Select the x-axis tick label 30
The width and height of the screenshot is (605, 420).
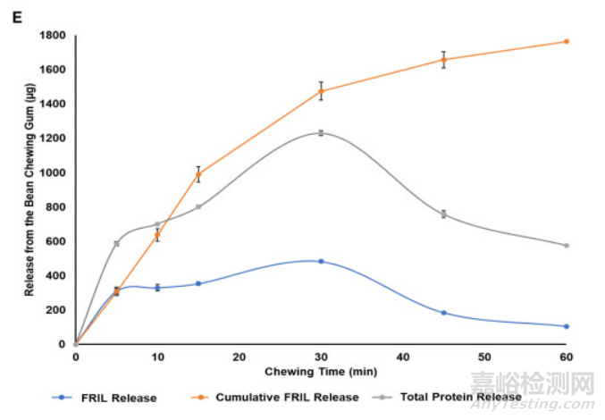[x=321, y=357]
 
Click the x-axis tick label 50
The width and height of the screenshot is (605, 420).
[x=484, y=357]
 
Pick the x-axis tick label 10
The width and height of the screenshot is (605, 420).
[x=157, y=357]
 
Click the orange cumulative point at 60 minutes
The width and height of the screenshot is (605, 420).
[x=567, y=42]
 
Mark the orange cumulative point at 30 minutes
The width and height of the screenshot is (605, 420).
[x=321, y=91]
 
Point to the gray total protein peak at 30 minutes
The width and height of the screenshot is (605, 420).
[x=321, y=133]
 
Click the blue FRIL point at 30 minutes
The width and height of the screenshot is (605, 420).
[x=321, y=261]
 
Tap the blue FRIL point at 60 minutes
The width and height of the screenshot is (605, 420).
[x=567, y=326]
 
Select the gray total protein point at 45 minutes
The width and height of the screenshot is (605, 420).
[x=444, y=214]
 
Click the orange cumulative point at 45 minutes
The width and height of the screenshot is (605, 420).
[x=444, y=60]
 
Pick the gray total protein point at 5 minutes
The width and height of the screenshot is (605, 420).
[x=116, y=243]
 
